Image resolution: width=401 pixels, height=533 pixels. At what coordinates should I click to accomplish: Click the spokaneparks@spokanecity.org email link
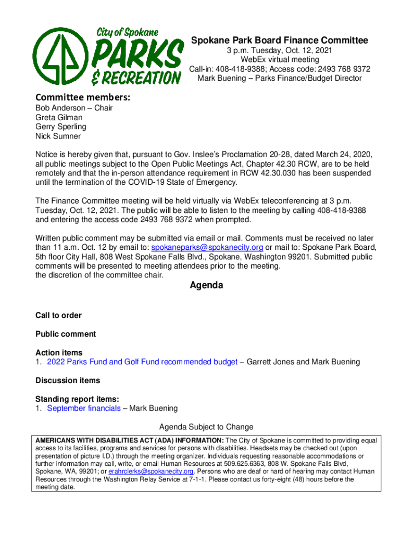(207, 247)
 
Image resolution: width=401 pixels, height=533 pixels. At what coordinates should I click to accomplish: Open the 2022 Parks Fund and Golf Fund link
(142, 362)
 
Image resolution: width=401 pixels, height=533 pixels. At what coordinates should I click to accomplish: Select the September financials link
(84, 409)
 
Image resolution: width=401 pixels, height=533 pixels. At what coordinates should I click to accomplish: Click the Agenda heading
(206, 285)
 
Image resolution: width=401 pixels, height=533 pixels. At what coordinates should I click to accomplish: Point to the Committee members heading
(82, 97)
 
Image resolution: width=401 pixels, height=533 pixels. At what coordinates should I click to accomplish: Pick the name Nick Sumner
(58, 136)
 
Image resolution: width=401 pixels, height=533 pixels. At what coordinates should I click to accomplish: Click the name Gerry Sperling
(60, 127)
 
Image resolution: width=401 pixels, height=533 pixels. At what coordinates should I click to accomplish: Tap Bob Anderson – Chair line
(74, 108)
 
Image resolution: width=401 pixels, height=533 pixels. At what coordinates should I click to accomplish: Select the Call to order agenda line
(58, 315)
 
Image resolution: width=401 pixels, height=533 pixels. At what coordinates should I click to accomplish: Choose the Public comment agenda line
(66, 334)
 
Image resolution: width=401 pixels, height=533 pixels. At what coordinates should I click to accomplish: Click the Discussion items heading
(68, 380)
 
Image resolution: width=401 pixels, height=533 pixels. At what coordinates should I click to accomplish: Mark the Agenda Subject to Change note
(206, 427)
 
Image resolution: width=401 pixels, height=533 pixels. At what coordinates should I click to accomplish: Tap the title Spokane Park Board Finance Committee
(279, 41)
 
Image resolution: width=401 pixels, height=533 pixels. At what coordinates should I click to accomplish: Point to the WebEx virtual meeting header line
(279, 60)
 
